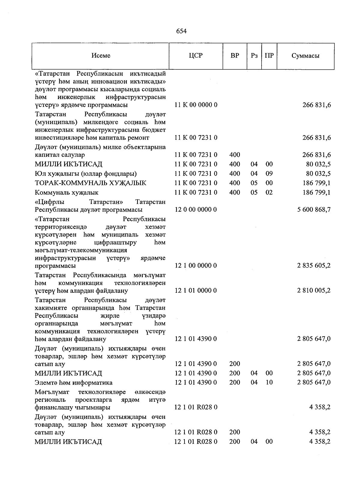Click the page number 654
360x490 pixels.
(x=181, y=31)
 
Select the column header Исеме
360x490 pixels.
(x=101, y=56)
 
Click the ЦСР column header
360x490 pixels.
(x=196, y=56)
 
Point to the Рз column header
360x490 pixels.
(x=254, y=56)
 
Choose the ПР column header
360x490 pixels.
(x=269, y=56)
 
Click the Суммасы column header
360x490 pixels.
(x=305, y=56)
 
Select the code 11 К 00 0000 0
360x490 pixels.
(x=196, y=105)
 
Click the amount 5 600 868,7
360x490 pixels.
(x=314, y=210)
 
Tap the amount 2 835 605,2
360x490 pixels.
(x=314, y=266)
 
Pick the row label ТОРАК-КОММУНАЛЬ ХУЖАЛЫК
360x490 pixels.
(x=91, y=183)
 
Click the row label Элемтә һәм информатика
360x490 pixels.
(x=73, y=383)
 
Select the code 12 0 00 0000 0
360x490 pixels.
(x=196, y=210)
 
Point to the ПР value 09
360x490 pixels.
(x=269, y=174)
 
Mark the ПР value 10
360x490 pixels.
(x=269, y=383)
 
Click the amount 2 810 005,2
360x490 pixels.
(x=314, y=291)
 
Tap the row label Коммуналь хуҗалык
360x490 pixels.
(x=67, y=193)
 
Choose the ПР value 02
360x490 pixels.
(x=269, y=192)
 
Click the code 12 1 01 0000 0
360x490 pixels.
(x=196, y=291)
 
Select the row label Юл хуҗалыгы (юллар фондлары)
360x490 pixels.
(x=86, y=174)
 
